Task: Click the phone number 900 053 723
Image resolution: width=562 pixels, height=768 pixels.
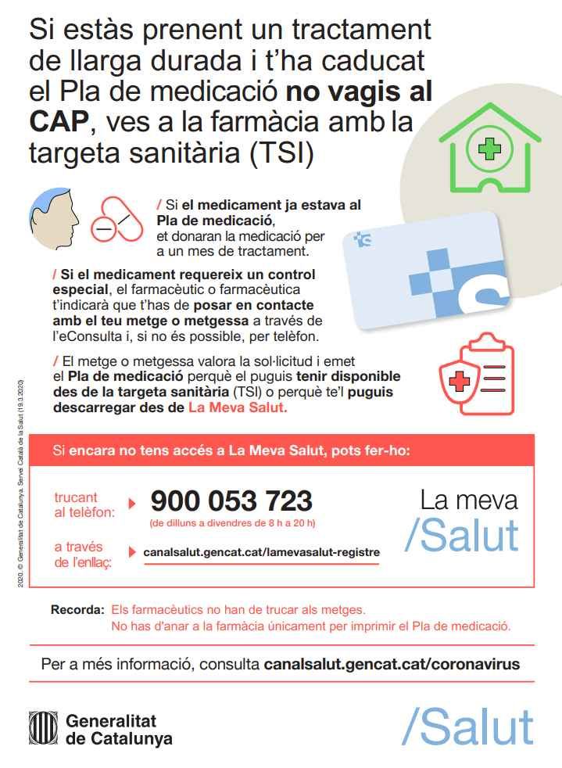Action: [x=231, y=501]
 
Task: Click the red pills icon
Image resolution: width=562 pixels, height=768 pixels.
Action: [x=116, y=220]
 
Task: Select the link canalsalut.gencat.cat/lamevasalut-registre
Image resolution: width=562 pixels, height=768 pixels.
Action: [x=261, y=552]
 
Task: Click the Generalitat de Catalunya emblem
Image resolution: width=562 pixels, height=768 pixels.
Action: [x=44, y=729]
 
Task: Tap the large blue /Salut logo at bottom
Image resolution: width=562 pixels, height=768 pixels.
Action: [x=467, y=727]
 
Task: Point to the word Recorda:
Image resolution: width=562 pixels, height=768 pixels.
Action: [x=77, y=609]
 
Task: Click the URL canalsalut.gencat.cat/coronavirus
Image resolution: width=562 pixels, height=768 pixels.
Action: [x=392, y=665]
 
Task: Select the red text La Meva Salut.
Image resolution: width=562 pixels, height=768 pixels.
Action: [x=238, y=408]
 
